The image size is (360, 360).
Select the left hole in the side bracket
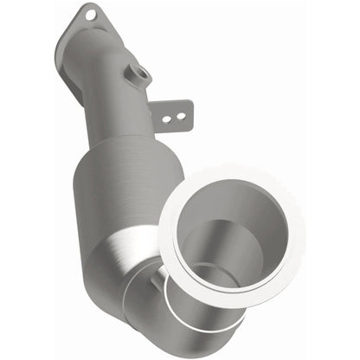(x=165, y=110)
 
